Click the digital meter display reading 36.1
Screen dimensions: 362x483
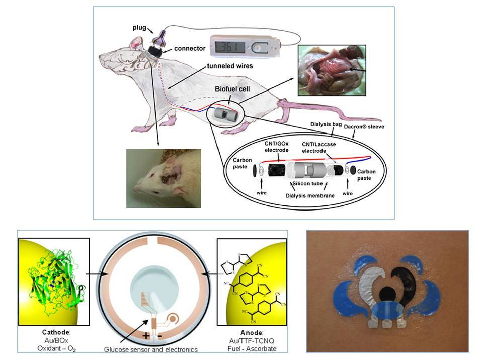pos(229,47)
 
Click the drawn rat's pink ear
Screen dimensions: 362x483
pos(135,44)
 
